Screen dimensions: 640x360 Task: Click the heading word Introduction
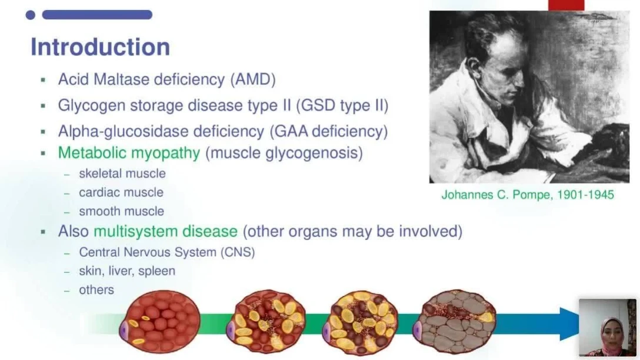(x=101, y=46)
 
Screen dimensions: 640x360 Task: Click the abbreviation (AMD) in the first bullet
(x=253, y=79)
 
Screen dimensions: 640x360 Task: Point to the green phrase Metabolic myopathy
(x=129, y=153)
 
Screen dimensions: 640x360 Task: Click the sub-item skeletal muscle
(x=122, y=174)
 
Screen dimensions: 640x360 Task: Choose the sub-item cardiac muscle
(x=121, y=192)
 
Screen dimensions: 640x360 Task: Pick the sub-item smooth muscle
(x=122, y=211)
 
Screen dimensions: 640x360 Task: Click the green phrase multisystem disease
(x=166, y=231)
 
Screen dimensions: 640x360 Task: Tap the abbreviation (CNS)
(x=238, y=252)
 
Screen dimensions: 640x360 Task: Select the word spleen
(x=156, y=271)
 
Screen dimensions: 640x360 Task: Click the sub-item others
(x=96, y=290)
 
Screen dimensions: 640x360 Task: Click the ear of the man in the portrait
(x=474, y=65)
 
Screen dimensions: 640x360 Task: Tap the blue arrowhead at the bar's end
(x=569, y=324)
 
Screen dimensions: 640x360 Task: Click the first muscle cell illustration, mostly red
(x=160, y=321)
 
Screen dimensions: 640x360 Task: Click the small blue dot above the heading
(x=30, y=15)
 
